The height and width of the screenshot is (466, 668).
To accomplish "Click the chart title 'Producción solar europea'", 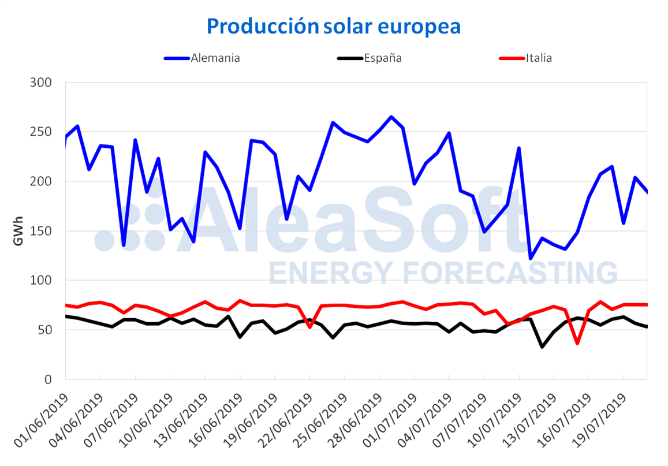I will click(x=334, y=26).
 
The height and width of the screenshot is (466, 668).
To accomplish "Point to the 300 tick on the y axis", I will click(x=41, y=83).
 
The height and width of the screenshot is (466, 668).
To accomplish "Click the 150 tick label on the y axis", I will click(x=41, y=231).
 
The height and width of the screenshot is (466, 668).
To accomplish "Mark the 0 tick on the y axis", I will click(x=48, y=379).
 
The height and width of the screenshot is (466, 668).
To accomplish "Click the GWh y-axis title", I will click(x=18, y=231).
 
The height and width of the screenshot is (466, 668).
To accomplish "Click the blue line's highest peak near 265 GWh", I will click(x=391, y=117).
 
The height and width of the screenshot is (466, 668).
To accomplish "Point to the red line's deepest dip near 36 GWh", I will click(x=577, y=343).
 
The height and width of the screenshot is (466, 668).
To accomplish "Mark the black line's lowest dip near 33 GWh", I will click(x=542, y=346).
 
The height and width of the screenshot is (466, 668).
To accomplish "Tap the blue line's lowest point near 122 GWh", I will click(x=531, y=258).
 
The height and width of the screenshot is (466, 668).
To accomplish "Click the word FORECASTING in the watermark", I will click(x=502, y=272).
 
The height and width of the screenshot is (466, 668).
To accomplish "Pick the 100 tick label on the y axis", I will click(x=41, y=281).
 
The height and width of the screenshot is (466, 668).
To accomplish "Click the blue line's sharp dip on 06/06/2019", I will click(x=124, y=245).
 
